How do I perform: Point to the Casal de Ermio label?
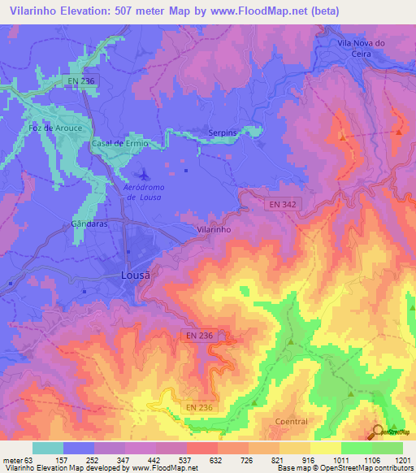click(119, 143)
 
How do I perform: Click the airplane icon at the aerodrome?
click(144, 174)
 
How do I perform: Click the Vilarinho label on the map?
click(214, 230)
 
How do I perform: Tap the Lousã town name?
click(136, 275)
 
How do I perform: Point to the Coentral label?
click(291, 421)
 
